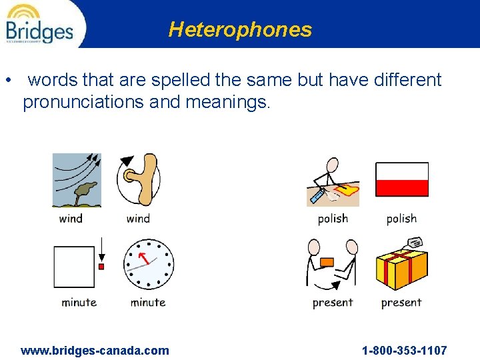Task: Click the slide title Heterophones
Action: coord(240,29)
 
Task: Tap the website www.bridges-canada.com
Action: coord(95,350)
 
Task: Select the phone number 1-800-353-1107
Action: coord(404,350)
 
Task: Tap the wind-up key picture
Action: coord(139,179)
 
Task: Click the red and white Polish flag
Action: coord(401,179)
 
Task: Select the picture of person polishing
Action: coord(333,183)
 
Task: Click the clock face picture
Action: coord(148,264)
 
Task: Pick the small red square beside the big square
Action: coord(101,267)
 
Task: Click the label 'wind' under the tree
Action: coord(71,218)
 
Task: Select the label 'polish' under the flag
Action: coord(401,219)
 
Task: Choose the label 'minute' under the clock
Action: coord(148,302)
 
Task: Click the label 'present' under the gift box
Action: coord(401,303)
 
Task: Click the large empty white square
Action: coord(75,267)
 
